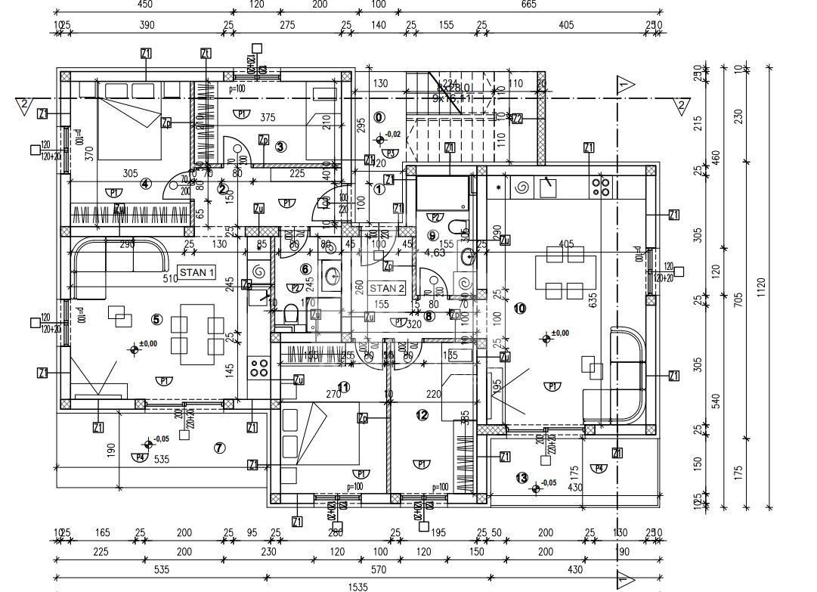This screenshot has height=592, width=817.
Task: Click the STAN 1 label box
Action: pos(197,271)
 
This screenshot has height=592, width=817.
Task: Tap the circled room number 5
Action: pos(156,319)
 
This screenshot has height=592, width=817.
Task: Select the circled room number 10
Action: pos(519,308)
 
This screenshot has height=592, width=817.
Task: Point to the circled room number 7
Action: pos(219,448)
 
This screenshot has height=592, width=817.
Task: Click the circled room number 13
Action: pos(521,477)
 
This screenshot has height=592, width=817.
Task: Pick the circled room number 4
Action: pos(146,183)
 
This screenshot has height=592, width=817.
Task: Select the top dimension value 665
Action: pos(528,5)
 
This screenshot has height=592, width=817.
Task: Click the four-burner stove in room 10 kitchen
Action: pos(601,185)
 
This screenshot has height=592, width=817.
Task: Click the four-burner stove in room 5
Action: pos(259,368)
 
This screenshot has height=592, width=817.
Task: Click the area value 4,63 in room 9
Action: pos(435,253)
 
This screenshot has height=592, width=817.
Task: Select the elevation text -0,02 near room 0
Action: pos(393,134)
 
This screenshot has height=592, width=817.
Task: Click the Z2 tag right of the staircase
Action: pos(517,119)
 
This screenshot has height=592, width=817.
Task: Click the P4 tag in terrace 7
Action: pos(138,457)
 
